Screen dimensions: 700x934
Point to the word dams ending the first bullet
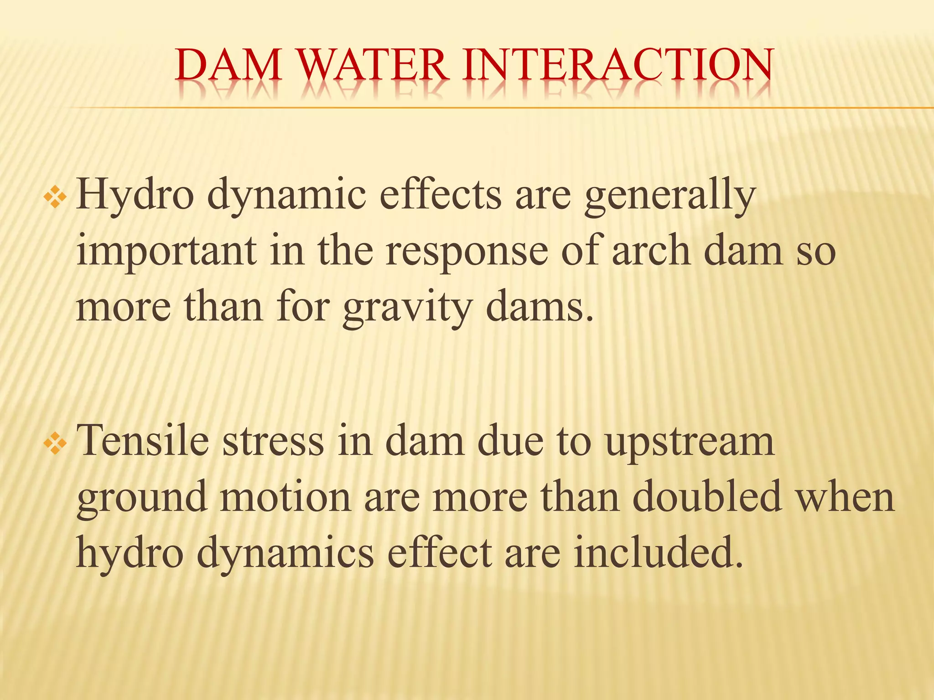coord(540,306)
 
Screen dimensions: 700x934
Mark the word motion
coord(285,497)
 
